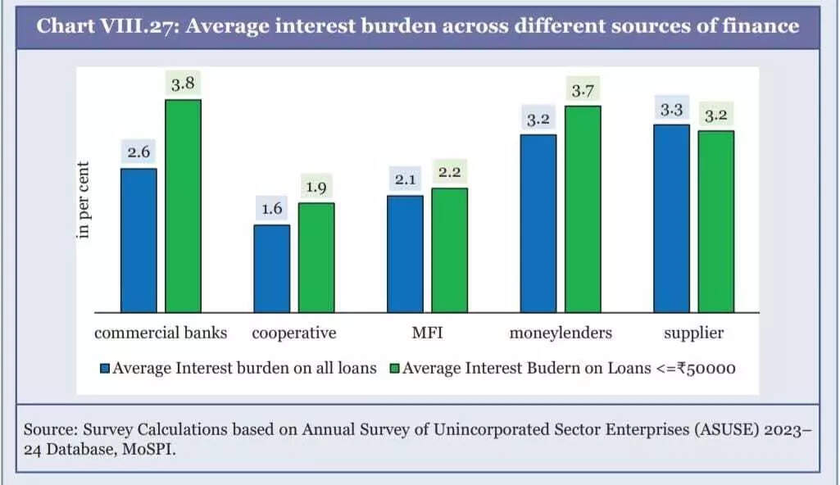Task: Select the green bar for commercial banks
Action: click(184, 206)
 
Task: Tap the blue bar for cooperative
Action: click(271, 268)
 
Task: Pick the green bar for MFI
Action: click(449, 250)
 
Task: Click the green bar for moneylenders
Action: click(583, 209)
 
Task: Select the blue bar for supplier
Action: click(671, 218)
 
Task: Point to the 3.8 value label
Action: click(182, 84)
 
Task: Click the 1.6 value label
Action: click(272, 209)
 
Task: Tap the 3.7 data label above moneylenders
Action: click(582, 91)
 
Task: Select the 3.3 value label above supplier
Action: click(671, 110)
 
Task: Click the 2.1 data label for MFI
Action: click(406, 179)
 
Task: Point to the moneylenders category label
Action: click(561, 333)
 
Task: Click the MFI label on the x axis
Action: click(428, 333)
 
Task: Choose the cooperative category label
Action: click(294, 333)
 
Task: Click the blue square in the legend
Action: click(104, 369)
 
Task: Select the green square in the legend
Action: click(394, 369)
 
